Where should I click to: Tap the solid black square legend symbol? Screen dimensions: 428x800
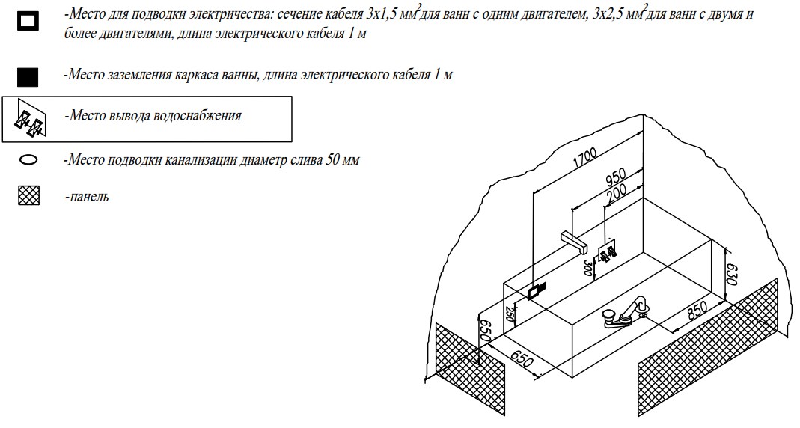[x=28, y=77]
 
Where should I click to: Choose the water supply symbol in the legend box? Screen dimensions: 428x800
[x=31, y=120]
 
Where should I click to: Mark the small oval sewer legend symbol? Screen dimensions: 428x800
[x=28, y=160]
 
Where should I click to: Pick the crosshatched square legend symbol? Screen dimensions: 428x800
[x=28, y=197]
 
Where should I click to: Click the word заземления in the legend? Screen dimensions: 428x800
[x=132, y=76]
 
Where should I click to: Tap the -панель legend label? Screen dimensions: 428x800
[x=86, y=197]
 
